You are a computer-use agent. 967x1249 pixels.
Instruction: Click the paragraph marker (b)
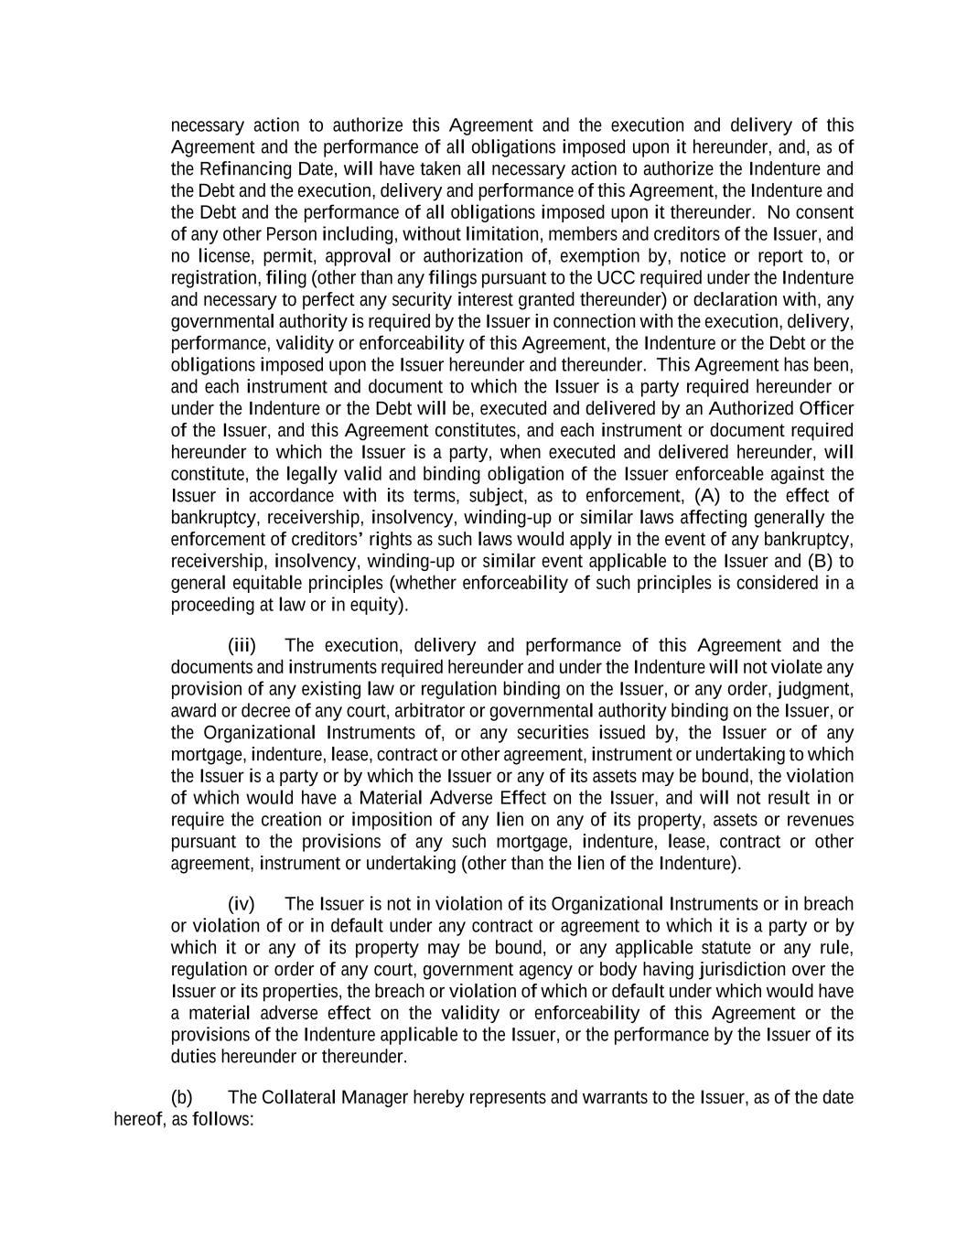point(181,1098)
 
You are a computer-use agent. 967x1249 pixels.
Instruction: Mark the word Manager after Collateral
point(374,1098)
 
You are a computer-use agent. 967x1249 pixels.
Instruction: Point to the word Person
point(291,235)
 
